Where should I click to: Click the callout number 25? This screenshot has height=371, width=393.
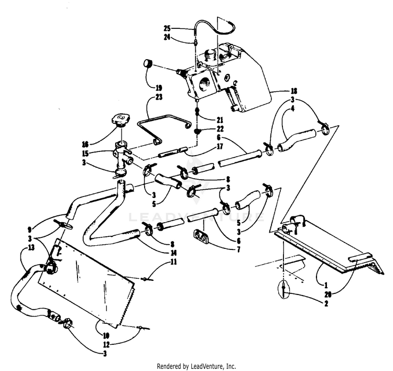(x=167, y=28)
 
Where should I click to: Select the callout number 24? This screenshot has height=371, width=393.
(x=167, y=37)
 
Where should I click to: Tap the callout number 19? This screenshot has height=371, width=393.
(x=159, y=88)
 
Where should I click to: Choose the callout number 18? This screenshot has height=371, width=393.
(x=294, y=90)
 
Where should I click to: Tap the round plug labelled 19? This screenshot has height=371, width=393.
(x=148, y=66)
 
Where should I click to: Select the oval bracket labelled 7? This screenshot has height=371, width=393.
(x=202, y=236)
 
